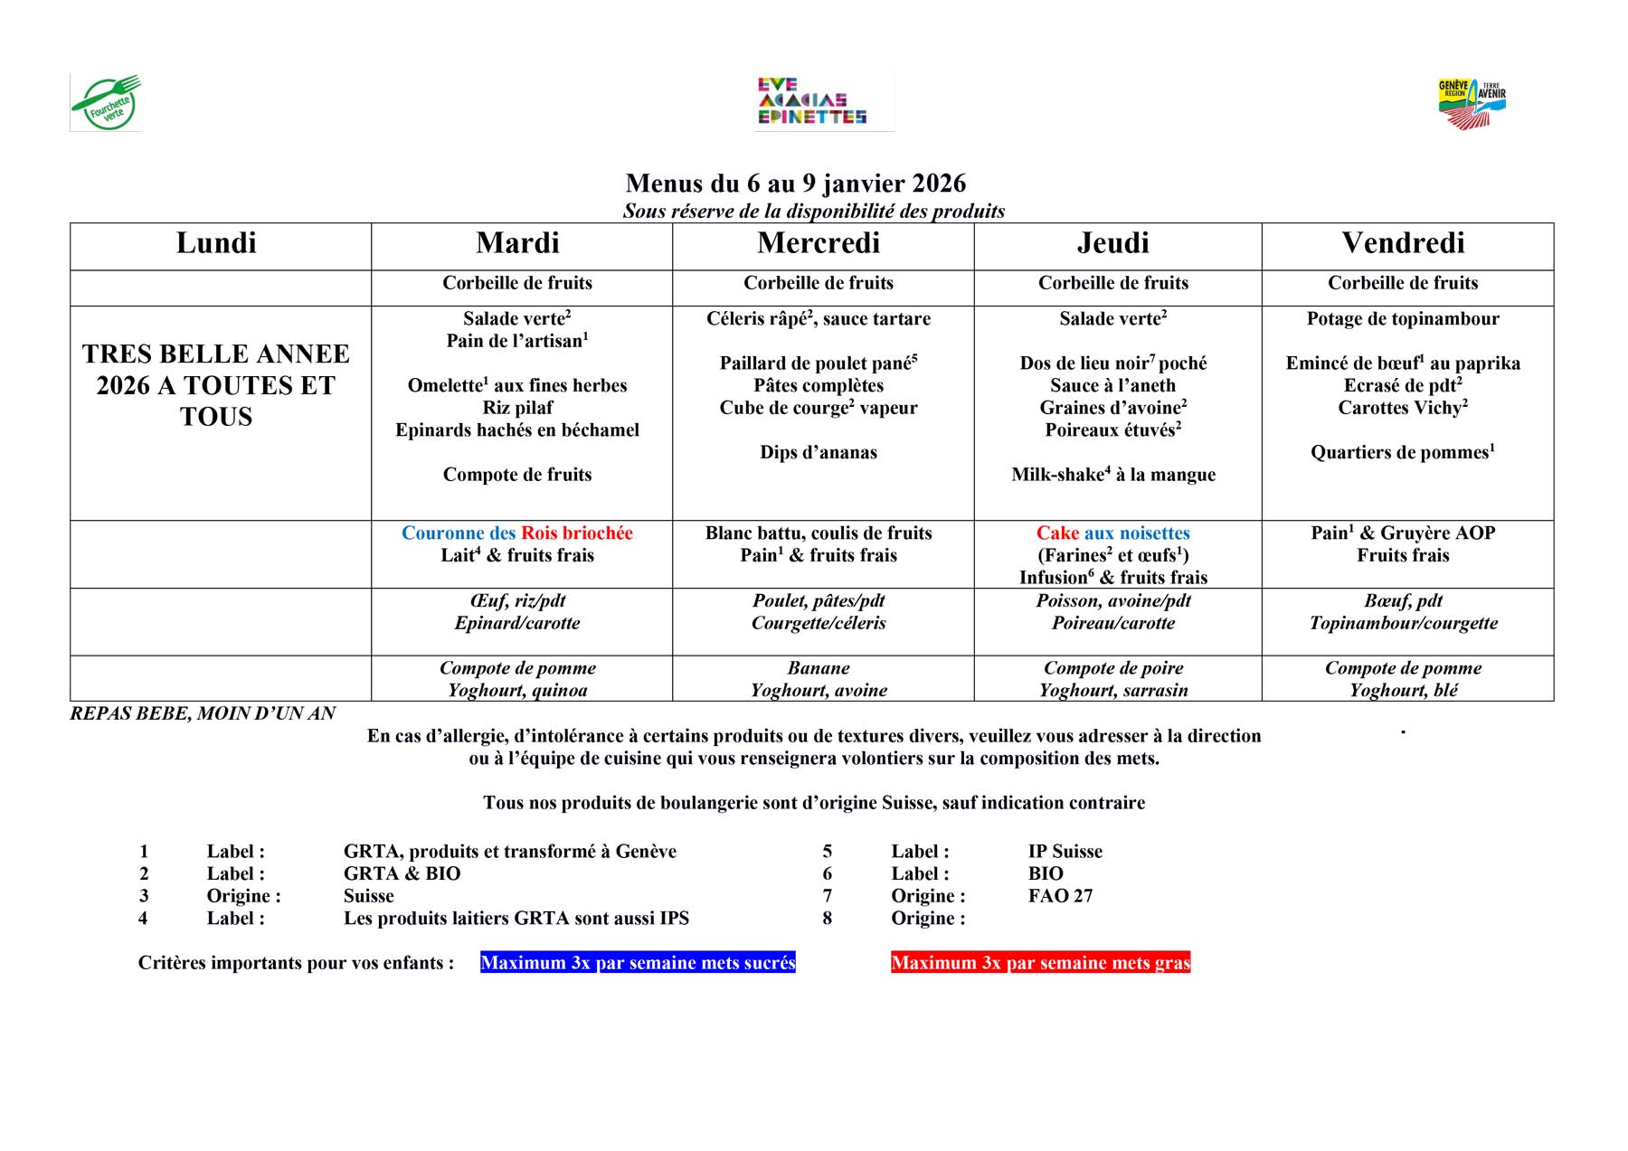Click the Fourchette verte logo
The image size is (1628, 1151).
click(106, 103)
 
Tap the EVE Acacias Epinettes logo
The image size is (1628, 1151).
click(811, 101)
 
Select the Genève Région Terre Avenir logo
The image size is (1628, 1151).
click(1472, 103)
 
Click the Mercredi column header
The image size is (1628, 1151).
click(819, 243)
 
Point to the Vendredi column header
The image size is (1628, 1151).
click(1403, 243)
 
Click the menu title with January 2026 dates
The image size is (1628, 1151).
click(795, 184)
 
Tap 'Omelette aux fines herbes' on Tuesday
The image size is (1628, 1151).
click(516, 386)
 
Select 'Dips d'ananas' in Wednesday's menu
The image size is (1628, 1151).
click(819, 453)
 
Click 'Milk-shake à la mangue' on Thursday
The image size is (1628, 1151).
click(1112, 475)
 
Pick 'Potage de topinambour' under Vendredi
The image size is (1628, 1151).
click(1403, 319)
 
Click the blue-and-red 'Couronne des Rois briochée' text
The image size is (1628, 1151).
click(516, 533)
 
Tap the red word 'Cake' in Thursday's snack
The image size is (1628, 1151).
click(1057, 533)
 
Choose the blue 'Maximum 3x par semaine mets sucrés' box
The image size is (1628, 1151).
click(638, 963)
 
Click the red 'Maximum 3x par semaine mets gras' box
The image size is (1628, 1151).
click(1040, 963)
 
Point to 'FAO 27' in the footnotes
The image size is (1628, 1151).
click(1060, 896)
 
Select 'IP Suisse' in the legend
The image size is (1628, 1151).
click(1065, 852)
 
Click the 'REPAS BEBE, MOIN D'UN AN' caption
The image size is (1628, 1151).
click(203, 713)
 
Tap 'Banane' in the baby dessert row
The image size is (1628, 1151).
click(819, 668)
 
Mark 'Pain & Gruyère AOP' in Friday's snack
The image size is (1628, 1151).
click(1403, 533)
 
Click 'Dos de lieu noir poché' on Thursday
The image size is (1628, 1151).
click(1112, 363)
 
